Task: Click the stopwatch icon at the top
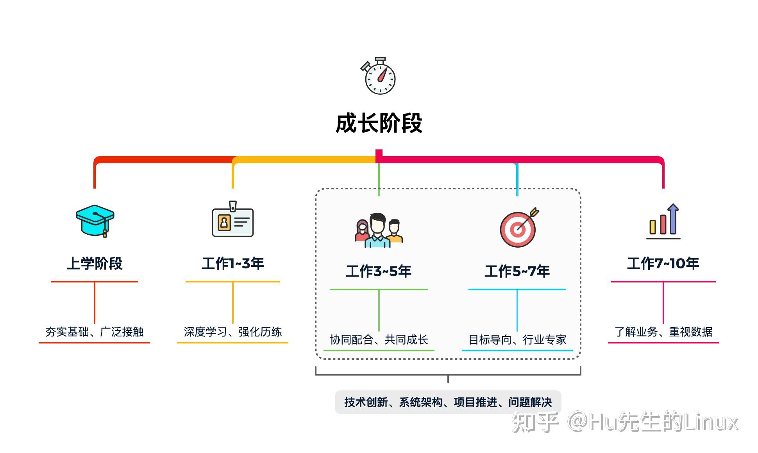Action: (x=379, y=76)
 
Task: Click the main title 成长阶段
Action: (x=379, y=123)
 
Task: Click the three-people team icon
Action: (x=379, y=230)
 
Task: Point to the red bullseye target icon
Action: (x=518, y=228)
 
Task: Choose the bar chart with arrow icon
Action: (x=663, y=222)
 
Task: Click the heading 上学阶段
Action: (x=95, y=263)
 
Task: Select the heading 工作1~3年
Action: (x=233, y=263)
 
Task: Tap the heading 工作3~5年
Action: (x=379, y=271)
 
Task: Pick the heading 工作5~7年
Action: (x=517, y=271)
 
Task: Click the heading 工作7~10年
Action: (x=663, y=263)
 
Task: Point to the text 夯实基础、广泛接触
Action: (x=95, y=332)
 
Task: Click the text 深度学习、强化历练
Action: (x=233, y=332)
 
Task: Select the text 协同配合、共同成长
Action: (x=379, y=340)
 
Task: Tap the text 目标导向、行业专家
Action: (x=517, y=340)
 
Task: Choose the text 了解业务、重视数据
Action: (x=663, y=332)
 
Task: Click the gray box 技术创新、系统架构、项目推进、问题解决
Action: (x=448, y=402)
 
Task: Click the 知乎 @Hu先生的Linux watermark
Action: (x=625, y=422)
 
